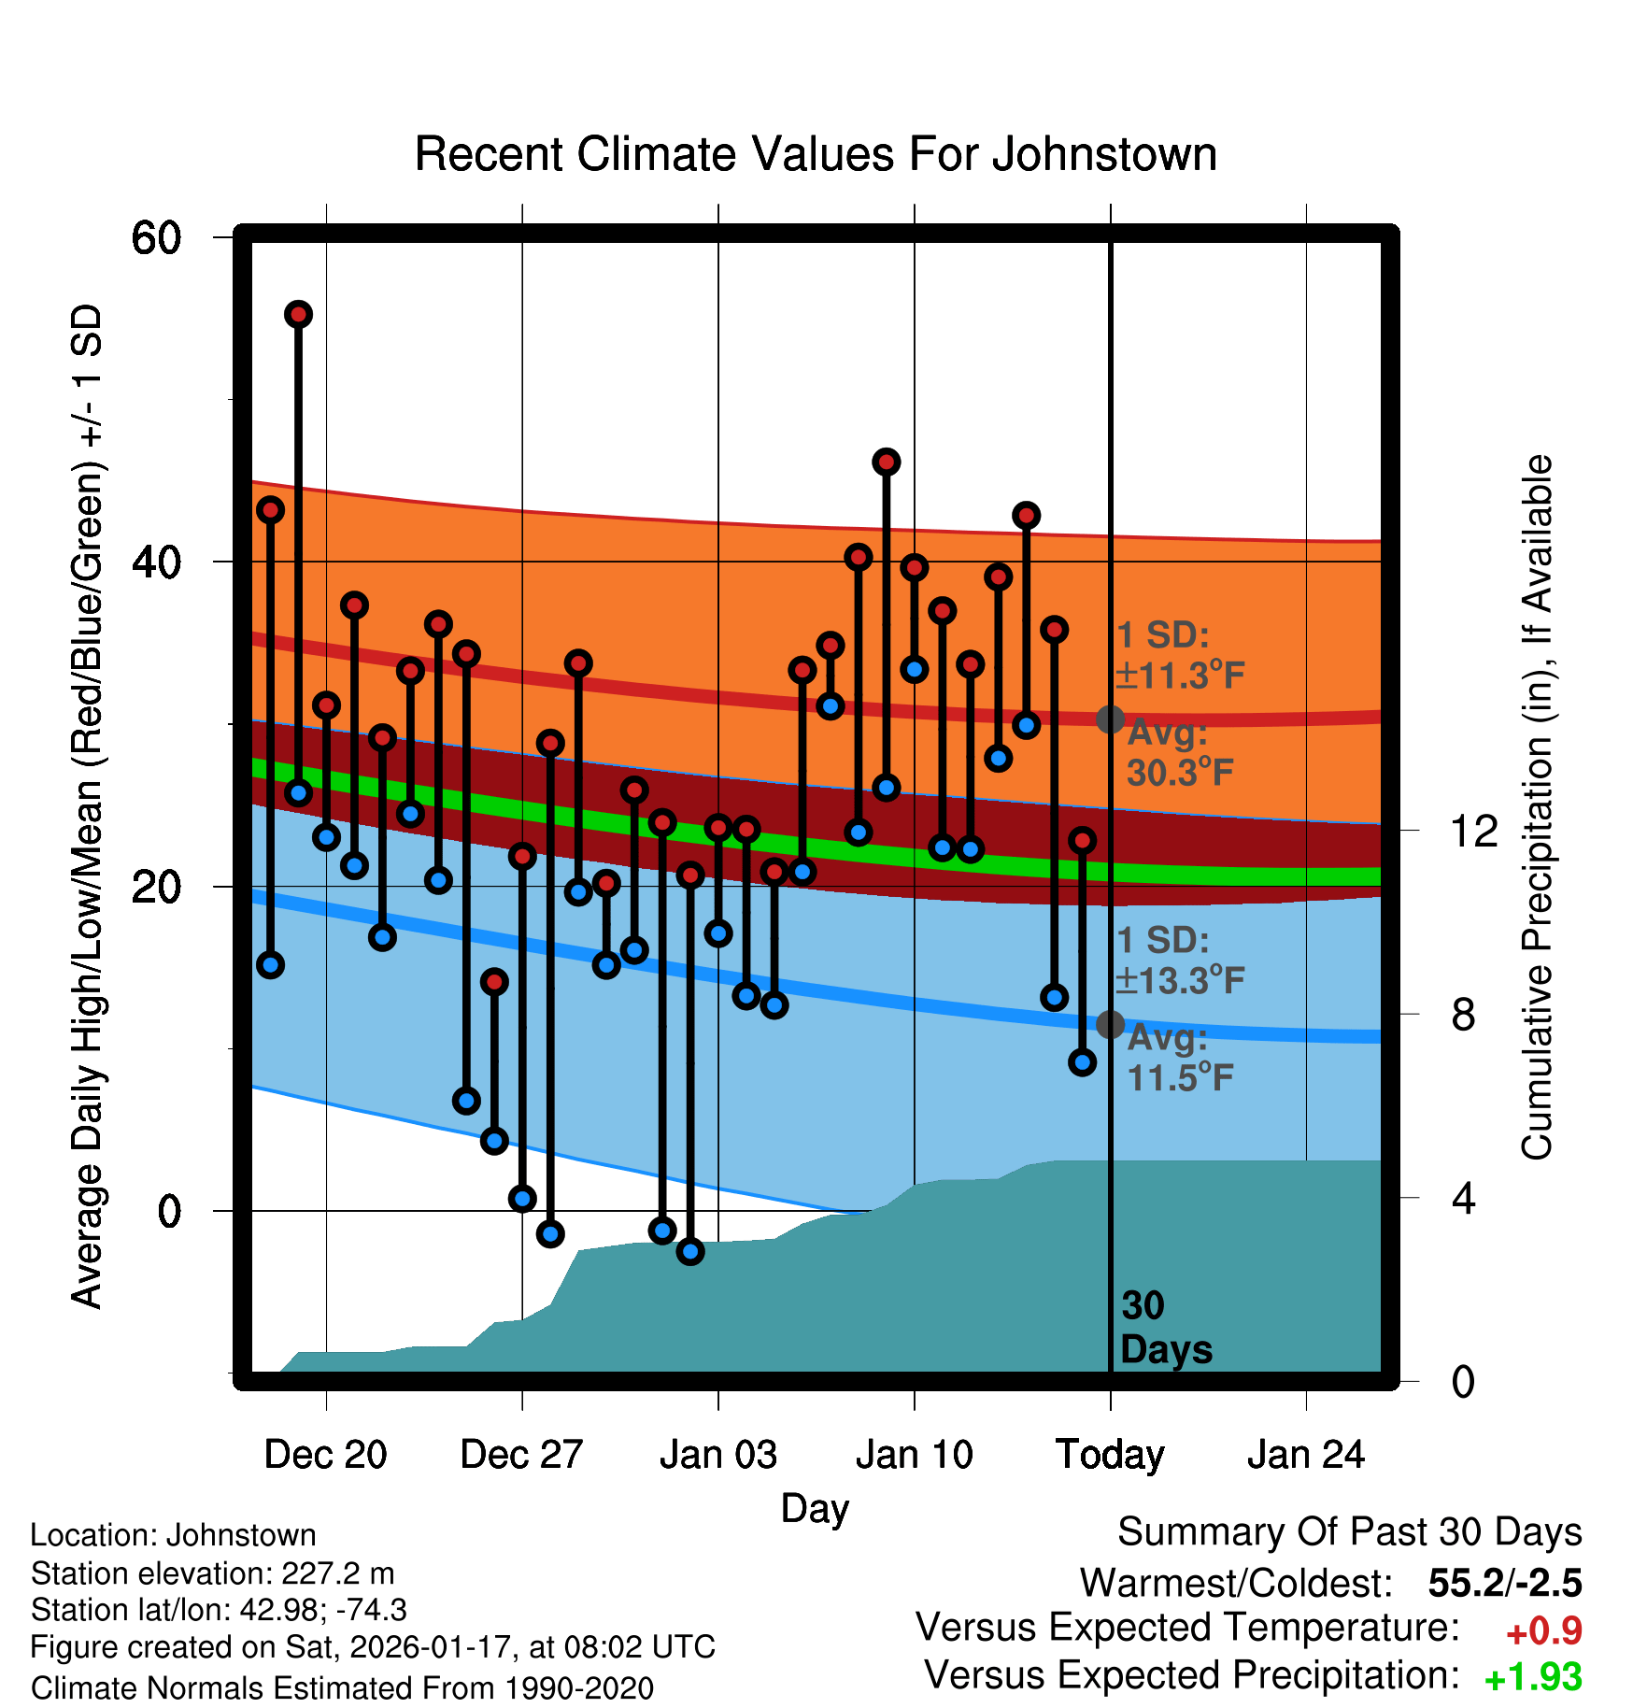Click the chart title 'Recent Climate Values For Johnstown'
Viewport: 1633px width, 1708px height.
(x=816, y=154)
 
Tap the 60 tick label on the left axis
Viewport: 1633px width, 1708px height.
(x=156, y=238)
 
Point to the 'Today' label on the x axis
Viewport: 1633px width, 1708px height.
(x=1110, y=1455)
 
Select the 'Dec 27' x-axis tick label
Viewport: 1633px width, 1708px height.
(x=521, y=1455)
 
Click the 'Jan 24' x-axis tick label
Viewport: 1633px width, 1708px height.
(x=1306, y=1455)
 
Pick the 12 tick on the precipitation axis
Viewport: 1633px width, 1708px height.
(x=1473, y=831)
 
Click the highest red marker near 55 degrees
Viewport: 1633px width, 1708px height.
(x=298, y=314)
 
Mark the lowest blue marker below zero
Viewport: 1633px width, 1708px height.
(x=690, y=1251)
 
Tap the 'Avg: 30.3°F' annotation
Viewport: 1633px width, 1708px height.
(x=1179, y=753)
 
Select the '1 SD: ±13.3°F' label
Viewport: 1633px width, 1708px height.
(x=1179, y=960)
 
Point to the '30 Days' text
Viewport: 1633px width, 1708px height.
(x=1165, y=1328)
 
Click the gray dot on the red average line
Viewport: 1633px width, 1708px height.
(x=1110, y=719)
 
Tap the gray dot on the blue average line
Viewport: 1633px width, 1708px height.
(x=1110, y=1024)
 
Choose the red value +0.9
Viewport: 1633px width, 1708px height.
(x=1544, y=1631)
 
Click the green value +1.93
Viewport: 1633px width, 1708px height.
(x=1533, y=1678)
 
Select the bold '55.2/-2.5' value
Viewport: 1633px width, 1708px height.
(x=1505, y=1583)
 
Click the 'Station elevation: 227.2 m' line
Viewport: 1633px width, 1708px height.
(x=212, y=1573)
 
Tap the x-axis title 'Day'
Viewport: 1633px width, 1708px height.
(x=815, y=1508)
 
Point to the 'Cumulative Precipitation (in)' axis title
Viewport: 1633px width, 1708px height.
(x=1537, y=807)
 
